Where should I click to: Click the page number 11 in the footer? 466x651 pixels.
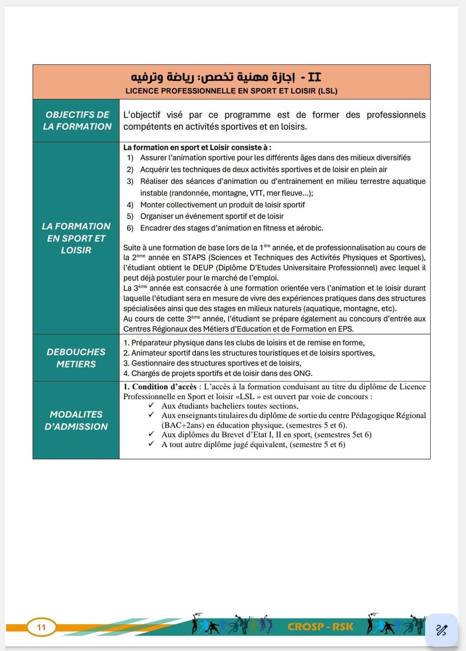pos(41,627)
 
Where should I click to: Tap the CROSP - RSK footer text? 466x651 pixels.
pos(320,626)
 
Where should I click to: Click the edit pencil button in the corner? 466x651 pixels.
pos(441,630)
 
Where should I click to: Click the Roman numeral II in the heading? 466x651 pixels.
pos(315,77)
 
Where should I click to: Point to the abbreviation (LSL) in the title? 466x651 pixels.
pos(327,91)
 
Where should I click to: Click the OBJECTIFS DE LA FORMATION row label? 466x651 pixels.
pos(77,120)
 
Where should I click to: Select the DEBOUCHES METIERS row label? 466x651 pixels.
pos(76,358)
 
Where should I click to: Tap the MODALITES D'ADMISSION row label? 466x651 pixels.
pos(76,420)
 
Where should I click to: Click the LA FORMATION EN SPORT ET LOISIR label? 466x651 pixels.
pos(76,238)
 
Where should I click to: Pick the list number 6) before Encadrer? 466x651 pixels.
pos(130,228)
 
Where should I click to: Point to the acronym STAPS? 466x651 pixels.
pos(194,258)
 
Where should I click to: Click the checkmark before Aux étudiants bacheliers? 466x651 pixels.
pos(151,406)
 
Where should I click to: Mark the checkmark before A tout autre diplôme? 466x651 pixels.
pos(151,444)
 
